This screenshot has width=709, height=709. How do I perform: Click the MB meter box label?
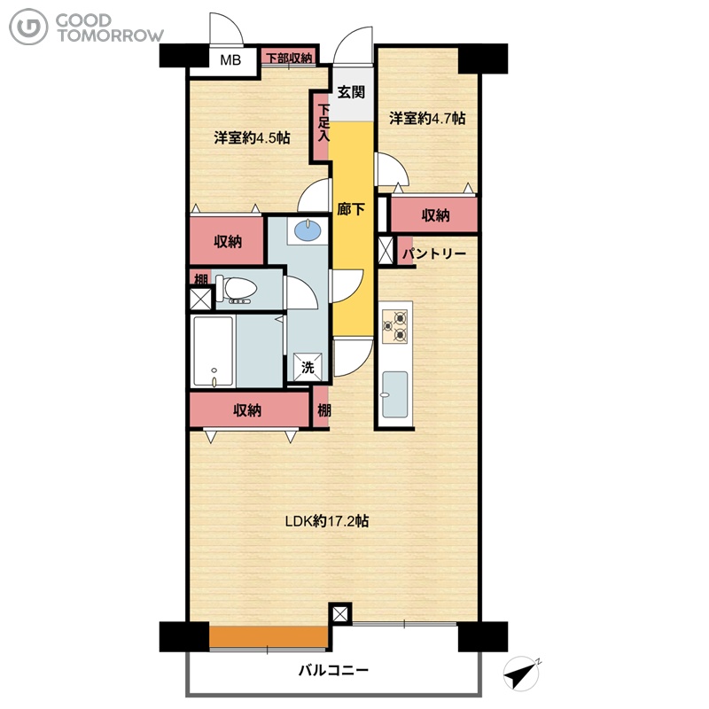click(x=230, y=59)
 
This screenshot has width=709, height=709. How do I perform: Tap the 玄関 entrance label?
click(x=351, y=92)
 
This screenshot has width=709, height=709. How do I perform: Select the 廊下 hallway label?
click(x=351, y=209)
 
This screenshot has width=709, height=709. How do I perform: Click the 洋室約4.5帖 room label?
click(x=252, y=137)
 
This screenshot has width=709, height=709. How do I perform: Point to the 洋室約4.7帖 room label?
click(x=427, y=118)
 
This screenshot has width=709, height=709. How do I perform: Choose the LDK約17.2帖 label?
click(x=327, y=521)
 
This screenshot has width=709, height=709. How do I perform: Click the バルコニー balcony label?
click(x=333, y=670)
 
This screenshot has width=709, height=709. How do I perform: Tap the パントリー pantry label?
click(x=434, y=253)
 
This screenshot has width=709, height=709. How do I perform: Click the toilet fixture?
click(x=236, y=289)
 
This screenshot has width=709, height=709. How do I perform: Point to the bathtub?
click(x=213, y=351)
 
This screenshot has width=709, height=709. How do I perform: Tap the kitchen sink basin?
click(x=394, y=394)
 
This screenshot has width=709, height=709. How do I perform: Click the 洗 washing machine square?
click(x=308, y=367)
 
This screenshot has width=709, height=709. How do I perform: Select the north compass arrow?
click(x=521, y=674)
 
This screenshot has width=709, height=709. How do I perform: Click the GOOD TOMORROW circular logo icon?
click(x=28, y=27)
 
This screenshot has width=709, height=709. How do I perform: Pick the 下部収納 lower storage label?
click(x=289, y=58)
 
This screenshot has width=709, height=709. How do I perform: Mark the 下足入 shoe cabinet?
click(x=322, y=126)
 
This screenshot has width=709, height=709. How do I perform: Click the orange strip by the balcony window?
click(x=269, y=637)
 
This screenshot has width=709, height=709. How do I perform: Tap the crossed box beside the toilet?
click(x=201, y=299)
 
